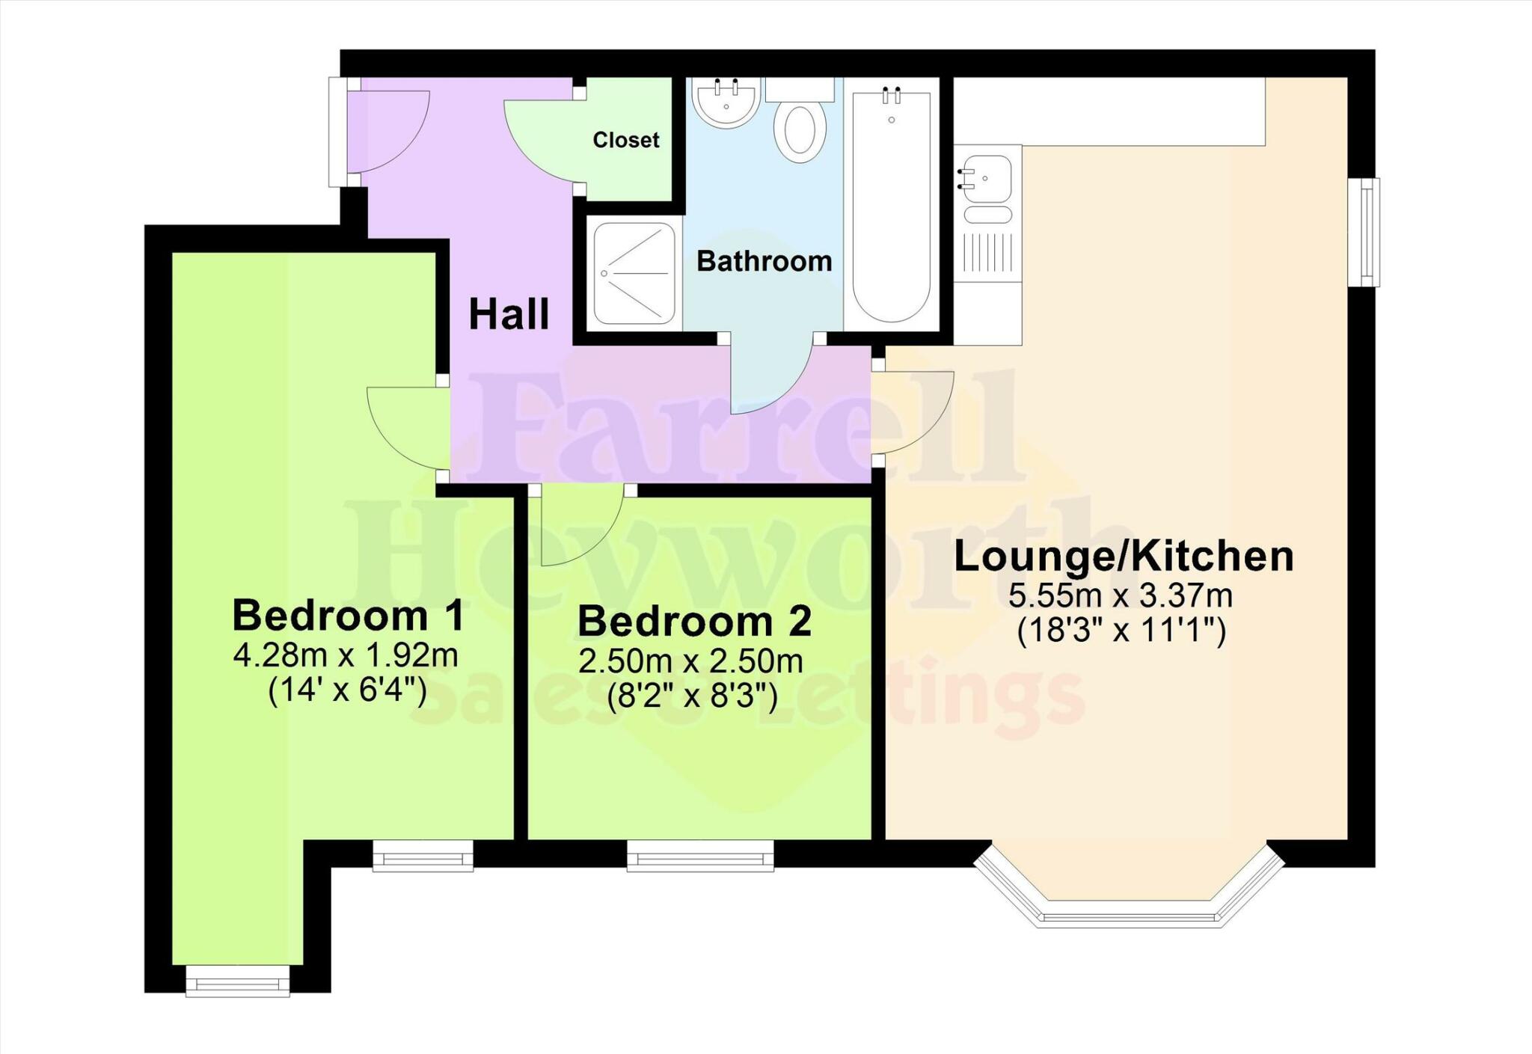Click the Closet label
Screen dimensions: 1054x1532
click(x=626, y=140)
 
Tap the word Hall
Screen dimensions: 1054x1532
click(x=509, y=314)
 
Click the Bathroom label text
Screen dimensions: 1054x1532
click(x=764, y=261)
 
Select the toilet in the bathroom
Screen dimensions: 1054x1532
click(x=800, y=127)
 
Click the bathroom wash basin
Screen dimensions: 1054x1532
click(x=726, y=102)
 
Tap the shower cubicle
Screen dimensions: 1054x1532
click(x=634, y=273)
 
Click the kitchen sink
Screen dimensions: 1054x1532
click(x=987, y=179)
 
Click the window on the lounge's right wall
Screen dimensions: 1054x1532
click(x=1368, y=232)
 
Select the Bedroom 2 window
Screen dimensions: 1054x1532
click(x=699, y=856)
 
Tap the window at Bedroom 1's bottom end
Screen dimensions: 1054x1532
click(x=237, y=980)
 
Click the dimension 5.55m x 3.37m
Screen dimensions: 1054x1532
click(x=1121, y=596)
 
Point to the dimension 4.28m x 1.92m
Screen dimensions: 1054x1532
click(x=346, y=656)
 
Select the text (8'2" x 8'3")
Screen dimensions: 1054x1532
click(x=692, y=696)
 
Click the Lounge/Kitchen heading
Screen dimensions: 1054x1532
click(x=1123, y=557)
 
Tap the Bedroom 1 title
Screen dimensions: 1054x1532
click(x=348, y=616)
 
